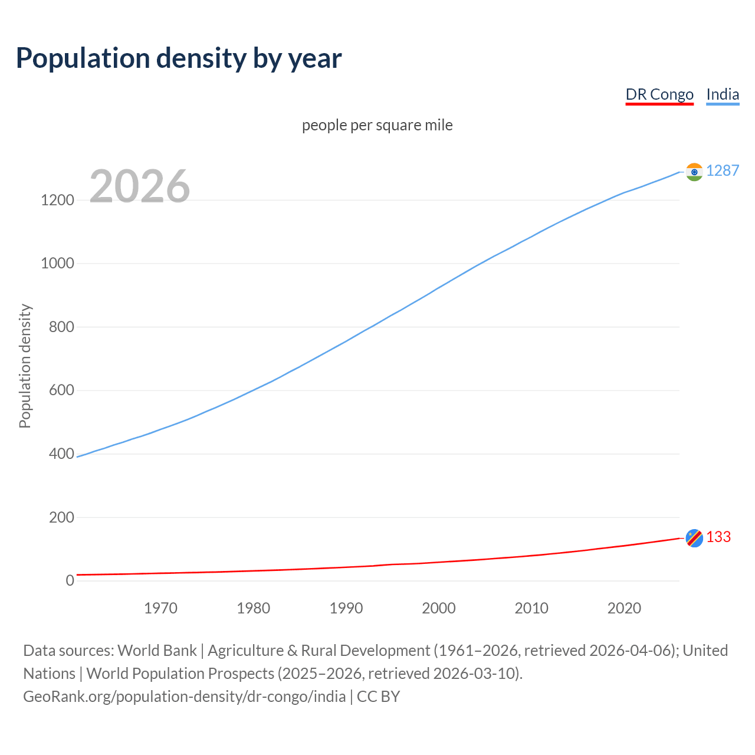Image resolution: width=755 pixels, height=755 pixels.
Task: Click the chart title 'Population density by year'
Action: pos(179,58)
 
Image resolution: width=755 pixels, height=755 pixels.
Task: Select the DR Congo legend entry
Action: pos(659,95)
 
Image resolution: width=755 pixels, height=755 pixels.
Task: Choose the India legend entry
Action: pos(722,95)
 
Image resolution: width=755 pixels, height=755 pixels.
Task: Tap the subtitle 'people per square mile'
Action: pos(377,126)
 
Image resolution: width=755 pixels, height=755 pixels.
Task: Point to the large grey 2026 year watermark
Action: pos(140,186)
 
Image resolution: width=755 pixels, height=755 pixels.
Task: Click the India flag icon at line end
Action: pos(694,172)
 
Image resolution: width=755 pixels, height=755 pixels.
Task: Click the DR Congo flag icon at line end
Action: pos(694,537)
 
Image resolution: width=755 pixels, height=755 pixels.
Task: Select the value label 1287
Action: pos(722,171)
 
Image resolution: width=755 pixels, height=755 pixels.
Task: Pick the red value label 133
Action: pos(718,537)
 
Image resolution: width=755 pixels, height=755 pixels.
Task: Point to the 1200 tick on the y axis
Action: pos(57,201)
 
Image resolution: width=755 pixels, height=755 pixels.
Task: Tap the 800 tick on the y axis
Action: pos(61,327)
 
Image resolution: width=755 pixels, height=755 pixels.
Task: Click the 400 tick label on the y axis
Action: pos(61,454)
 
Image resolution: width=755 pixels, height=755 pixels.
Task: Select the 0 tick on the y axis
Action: pos(70,581)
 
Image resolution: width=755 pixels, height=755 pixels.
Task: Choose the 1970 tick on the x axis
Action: pos(160,608)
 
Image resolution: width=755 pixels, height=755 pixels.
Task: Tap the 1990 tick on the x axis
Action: pos(346,608)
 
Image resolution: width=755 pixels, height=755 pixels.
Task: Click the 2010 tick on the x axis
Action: pos(531,608)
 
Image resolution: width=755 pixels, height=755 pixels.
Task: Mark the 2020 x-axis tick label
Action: pos(624,608)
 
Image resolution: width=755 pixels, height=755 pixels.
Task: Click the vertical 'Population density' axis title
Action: pos(25,366)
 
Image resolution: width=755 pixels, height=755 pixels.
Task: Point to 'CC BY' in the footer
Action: pos(378,697)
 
